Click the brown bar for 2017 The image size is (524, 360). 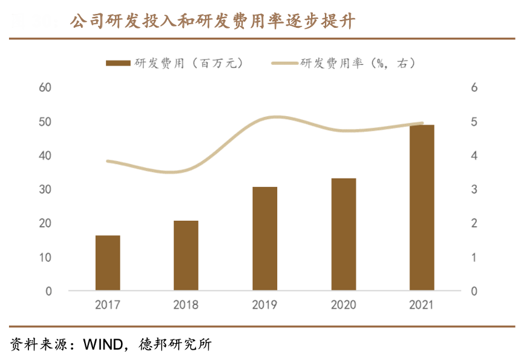[108, 263]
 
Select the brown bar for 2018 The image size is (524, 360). [186, 255]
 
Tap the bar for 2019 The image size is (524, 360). [264, 238]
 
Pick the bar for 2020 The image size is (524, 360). [343, 234]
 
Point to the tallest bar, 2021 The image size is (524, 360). [422, 208]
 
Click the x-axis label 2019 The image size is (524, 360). [264, 304]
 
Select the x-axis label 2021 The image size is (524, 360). [422, 304]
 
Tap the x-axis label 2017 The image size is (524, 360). [108, 304]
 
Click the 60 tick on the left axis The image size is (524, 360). [45, 88]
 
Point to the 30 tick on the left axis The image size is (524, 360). [45, 189]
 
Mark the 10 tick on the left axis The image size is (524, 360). [45, 257]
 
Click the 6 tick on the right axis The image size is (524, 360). [474, 88]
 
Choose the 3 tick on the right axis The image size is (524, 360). [474, 189]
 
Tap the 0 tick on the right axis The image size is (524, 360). [474, 291]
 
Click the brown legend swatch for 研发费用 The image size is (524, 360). [117, 63]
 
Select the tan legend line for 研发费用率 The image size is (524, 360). [284, 63]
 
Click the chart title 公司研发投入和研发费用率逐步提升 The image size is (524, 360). [212, 22]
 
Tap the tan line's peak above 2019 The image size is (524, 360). [273, 117]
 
